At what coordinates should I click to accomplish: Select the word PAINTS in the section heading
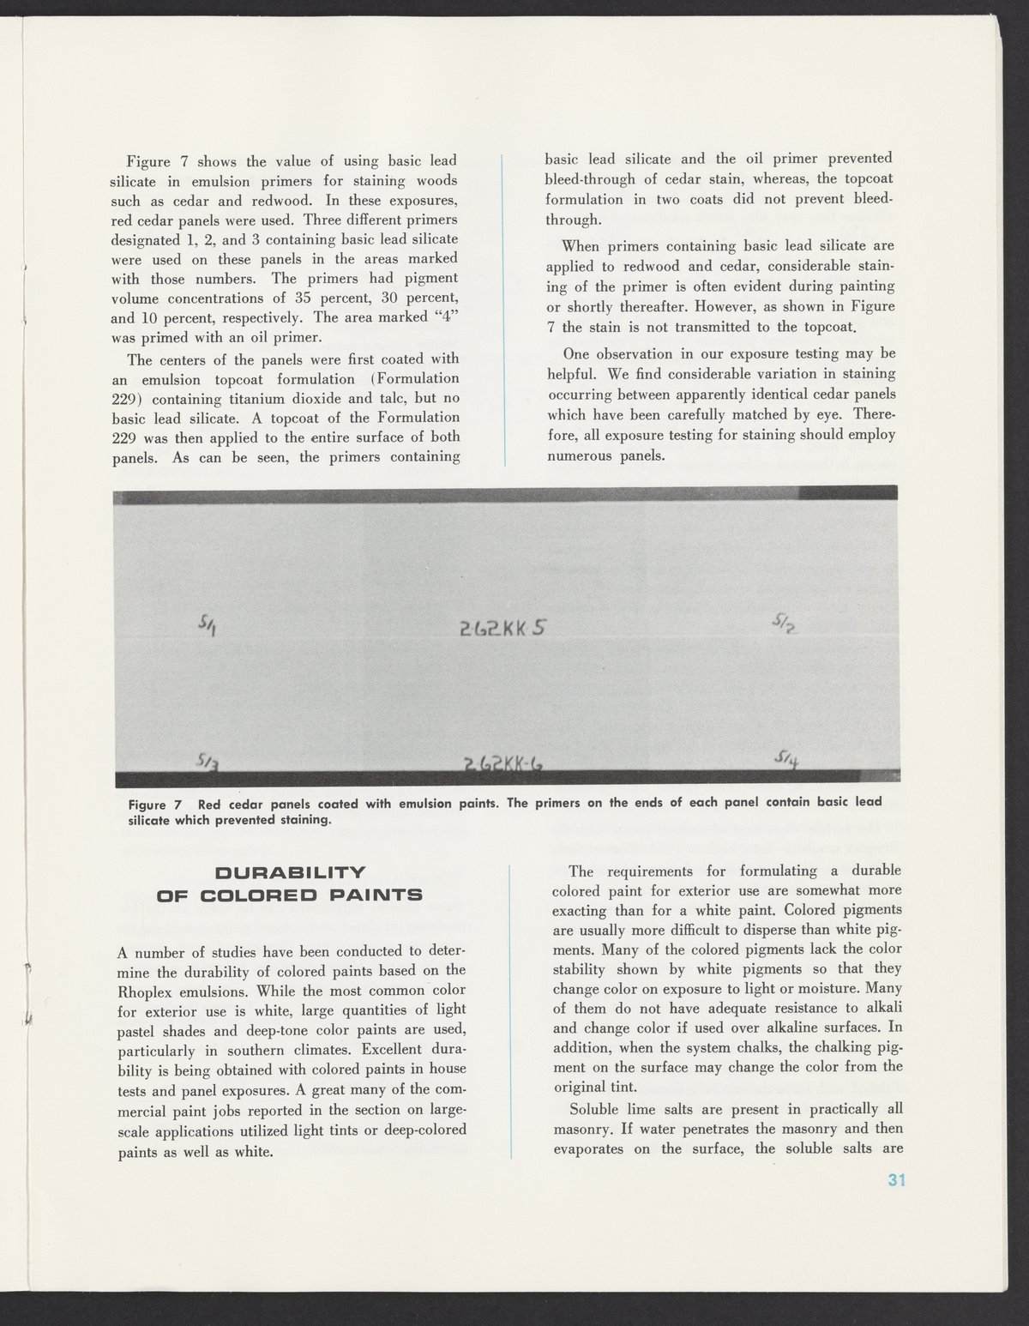click(x=373, y=895)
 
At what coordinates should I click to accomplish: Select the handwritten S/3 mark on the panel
click(x=207, y=761)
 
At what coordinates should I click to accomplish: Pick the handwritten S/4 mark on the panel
click(x=786, y=757)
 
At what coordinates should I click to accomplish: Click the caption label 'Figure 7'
click(x=155, y=805)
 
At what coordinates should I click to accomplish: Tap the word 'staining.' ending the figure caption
click(x=301, y=820)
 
